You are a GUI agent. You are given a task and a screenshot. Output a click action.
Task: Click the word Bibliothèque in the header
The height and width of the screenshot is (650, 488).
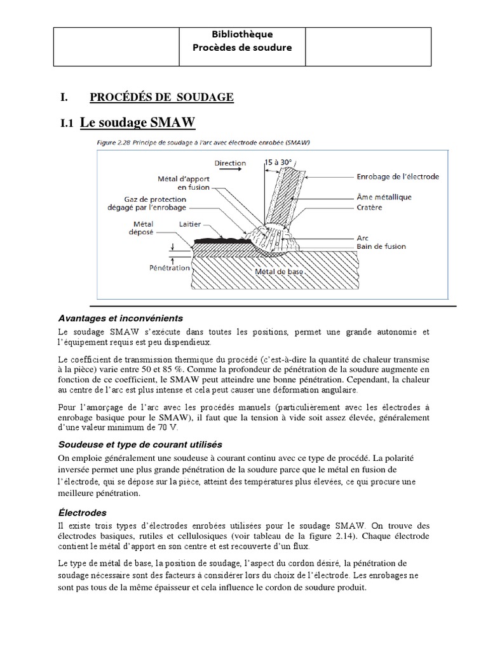click(241, 34)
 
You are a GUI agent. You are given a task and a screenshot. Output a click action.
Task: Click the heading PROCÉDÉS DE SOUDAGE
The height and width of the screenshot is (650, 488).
click(162, 97)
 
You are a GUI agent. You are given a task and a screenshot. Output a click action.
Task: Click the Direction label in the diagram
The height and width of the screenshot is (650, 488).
click(230, 163)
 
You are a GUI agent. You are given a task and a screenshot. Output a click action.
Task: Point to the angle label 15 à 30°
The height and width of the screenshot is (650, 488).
click(280, 162)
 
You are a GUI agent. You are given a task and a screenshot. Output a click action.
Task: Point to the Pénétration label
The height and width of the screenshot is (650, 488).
click(170, 268)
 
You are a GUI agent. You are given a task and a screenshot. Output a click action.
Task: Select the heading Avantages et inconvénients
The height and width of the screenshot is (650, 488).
click(121, 317)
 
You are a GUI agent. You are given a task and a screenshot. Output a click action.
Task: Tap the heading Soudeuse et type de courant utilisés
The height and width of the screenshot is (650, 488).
click(139, 444)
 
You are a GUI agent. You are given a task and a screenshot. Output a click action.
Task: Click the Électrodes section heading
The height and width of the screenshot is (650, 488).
click(82, 512)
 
